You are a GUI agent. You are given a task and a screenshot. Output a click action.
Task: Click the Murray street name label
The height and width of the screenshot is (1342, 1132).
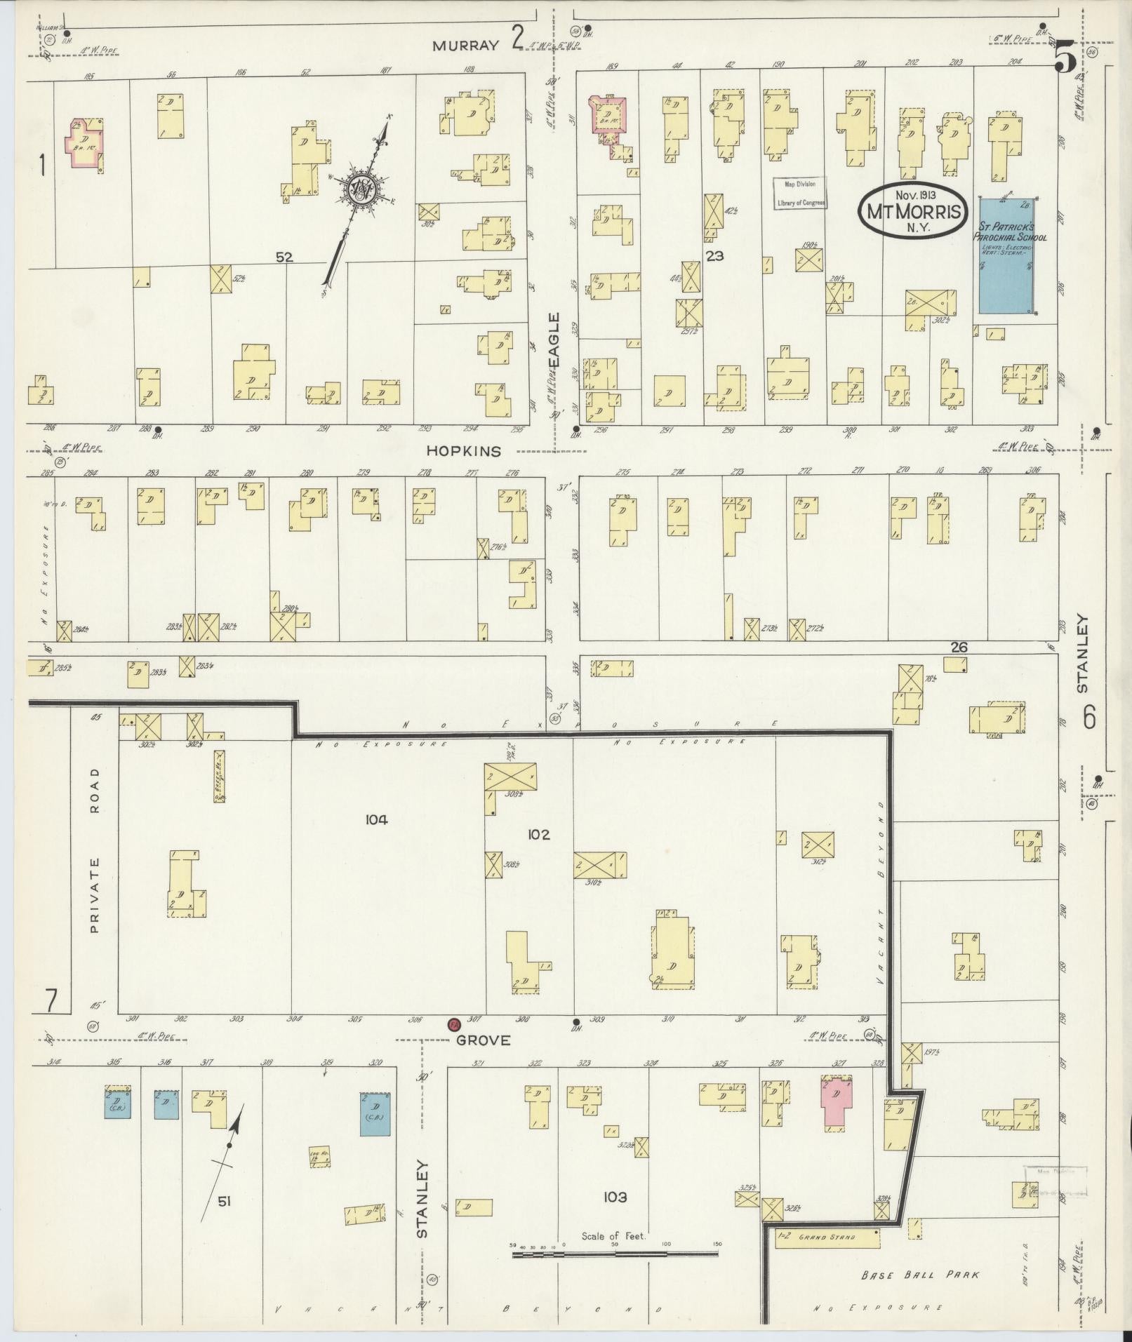[465, 46]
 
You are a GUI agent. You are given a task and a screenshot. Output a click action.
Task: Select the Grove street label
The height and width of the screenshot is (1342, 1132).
[482, 1040]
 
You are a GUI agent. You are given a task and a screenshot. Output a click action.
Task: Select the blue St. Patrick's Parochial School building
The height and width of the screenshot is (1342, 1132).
[1008, 255]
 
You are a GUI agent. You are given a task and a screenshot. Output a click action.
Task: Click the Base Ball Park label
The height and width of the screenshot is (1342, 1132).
[920, 1275]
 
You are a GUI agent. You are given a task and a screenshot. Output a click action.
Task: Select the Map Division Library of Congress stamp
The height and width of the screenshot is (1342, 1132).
[800, 194]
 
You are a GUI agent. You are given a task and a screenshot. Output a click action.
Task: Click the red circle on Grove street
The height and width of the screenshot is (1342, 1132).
[453, 1024]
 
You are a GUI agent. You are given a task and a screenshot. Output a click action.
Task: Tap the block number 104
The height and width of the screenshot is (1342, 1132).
[376, 819]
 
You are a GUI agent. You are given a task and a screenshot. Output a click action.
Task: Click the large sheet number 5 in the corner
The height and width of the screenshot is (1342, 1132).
[1064, 58]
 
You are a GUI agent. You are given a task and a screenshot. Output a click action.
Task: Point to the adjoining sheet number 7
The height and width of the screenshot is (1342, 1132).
[50, 1000]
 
